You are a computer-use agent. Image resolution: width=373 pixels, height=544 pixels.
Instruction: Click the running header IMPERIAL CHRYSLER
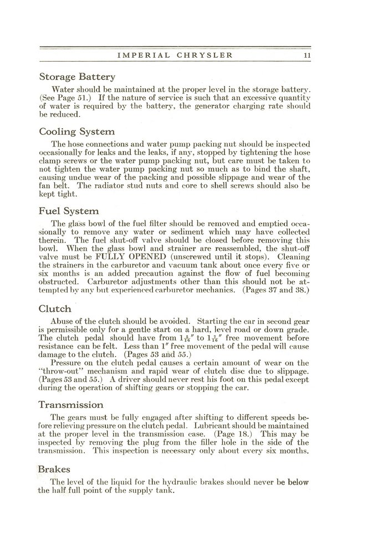click(x=175, y=56)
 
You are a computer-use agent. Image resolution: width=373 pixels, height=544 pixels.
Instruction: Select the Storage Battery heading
click(x=77, y=77)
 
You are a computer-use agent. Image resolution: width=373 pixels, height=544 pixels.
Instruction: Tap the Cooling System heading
click(x=77, y=132)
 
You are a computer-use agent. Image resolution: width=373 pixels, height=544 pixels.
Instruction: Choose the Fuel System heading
click(x=69, y=211)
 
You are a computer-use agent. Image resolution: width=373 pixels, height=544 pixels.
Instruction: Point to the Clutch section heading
click(x=55, y=309)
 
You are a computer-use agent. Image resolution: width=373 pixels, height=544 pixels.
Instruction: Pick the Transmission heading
click(x=71, y=405)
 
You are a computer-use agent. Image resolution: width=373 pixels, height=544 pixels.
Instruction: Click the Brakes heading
click(x=55, y=469)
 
